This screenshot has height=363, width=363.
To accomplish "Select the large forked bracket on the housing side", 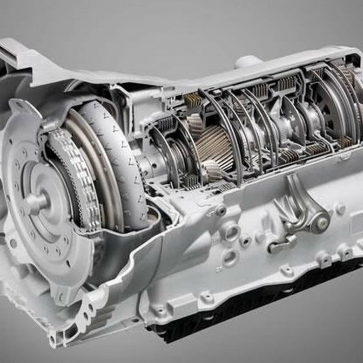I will [x=298, y=205].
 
